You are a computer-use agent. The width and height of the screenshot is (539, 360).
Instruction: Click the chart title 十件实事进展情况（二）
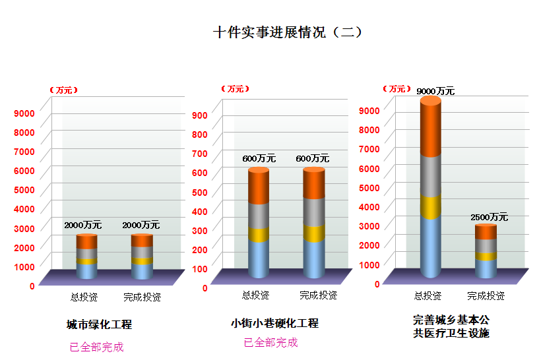288,32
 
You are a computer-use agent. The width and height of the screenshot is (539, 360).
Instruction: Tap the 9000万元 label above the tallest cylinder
435,91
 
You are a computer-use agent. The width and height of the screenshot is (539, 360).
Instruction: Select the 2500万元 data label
489,217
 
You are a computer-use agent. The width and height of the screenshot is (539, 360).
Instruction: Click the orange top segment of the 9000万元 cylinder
431,129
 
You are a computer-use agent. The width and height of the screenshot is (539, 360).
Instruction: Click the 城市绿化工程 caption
100,324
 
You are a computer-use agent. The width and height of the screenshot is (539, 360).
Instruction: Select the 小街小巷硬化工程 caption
274,323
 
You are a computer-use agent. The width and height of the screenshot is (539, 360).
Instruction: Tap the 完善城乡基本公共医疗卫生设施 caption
451,326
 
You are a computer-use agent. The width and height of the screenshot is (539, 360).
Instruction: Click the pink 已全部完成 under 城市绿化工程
97,347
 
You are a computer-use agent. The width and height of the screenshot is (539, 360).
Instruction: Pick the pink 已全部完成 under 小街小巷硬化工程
270,342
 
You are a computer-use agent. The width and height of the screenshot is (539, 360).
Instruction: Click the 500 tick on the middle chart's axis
200,192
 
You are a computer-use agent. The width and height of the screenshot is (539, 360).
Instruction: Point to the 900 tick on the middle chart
200,115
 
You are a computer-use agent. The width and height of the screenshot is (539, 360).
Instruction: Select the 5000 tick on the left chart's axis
24,190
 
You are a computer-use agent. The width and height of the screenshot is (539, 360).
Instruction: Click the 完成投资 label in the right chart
486,295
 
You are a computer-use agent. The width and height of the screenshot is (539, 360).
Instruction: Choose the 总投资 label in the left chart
84,297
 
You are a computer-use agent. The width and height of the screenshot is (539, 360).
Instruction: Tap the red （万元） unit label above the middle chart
236,88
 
